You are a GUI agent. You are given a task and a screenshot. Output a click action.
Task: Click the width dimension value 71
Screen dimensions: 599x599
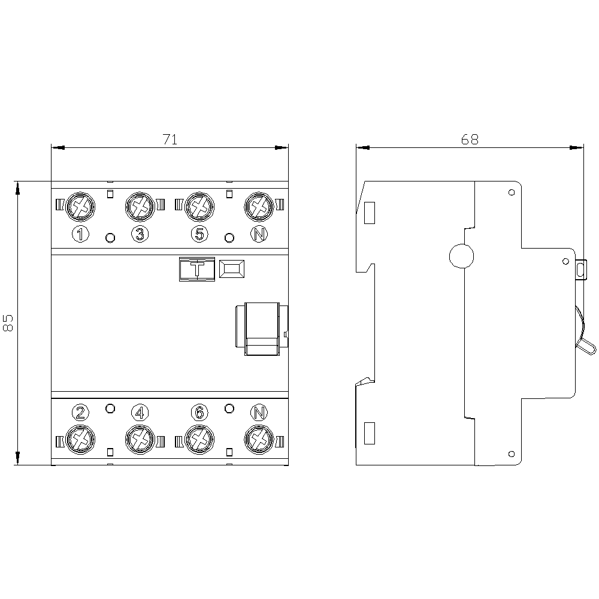point(170,140)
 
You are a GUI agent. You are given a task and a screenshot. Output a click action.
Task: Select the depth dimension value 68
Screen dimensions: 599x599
point(470,140)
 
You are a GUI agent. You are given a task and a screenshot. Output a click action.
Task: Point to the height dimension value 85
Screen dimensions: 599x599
point(9,322)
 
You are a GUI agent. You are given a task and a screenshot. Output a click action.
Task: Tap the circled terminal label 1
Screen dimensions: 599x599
point(80,234)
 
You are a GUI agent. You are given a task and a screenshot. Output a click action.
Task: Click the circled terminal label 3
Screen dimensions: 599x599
point(140,234)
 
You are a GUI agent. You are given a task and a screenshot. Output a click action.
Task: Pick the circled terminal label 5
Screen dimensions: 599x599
point(199,234)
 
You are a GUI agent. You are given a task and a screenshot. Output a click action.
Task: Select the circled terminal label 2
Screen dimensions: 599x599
point(80,412)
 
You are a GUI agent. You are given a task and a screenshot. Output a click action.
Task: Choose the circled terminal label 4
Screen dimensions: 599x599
point(140,412)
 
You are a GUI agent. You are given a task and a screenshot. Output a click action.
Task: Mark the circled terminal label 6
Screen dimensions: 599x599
point(199,412)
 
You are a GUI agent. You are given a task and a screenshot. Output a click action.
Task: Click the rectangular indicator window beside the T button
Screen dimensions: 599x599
point(231,270)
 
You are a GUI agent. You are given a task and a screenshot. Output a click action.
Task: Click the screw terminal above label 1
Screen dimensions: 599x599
point(80,207)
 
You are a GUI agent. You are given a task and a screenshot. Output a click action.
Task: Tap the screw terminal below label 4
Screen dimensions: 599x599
point(140,440)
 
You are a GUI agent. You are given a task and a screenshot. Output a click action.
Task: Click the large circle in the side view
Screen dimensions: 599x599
point(461,256)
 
